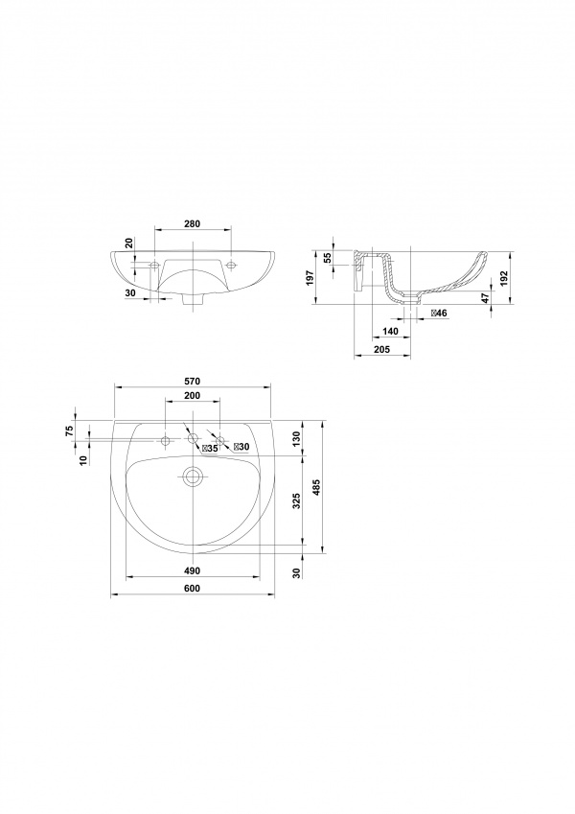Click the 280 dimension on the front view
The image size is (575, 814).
point(192,223)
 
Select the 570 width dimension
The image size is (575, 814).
point(192,381)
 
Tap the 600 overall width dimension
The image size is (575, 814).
point(192,588)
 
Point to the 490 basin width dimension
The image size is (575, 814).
point(192,570)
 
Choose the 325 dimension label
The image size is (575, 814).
point(297,501)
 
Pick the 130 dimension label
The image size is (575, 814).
point(297,439)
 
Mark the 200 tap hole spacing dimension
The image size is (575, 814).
point(192,396)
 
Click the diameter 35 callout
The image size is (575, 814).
point(210,449)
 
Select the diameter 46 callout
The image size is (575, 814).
point(439,313)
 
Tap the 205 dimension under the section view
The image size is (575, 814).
point(382,349)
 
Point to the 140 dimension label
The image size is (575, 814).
point(390,331)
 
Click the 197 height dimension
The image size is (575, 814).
point(310,277)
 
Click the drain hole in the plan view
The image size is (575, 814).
point(193,477)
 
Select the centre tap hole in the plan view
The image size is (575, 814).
point(193,439)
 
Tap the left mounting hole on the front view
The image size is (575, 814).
point(154,266)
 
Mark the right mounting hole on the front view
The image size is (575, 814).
point(231,266)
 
